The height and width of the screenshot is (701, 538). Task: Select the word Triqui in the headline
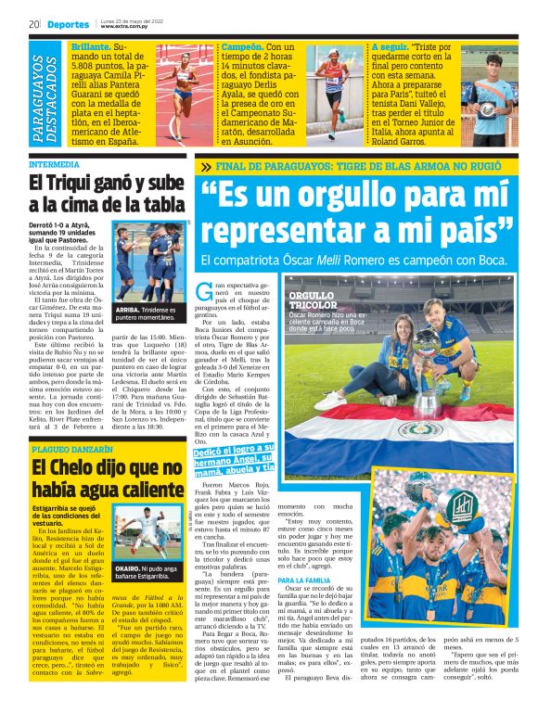(x=70, y=184)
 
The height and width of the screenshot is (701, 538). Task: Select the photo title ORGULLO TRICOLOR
(x=309, y=300)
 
